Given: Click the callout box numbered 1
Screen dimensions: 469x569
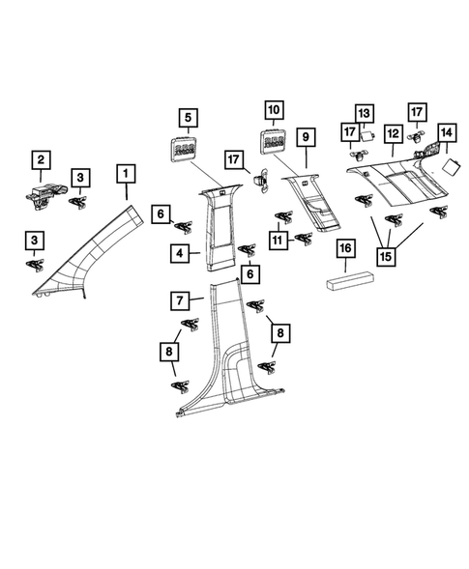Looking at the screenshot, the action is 126,174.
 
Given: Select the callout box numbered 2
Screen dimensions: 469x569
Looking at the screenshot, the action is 41,160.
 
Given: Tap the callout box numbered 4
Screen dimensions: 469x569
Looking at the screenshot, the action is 180,253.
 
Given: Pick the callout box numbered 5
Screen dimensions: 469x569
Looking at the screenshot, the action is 189,118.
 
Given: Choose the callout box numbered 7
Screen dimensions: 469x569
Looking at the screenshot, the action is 180,300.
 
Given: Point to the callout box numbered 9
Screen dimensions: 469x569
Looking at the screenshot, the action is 306,137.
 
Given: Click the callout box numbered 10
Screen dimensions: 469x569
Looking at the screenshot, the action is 275,110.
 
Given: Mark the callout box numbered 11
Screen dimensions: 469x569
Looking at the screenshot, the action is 278,241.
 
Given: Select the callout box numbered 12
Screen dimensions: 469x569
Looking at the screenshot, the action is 394,134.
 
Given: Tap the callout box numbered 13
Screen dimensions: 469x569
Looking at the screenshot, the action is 365,114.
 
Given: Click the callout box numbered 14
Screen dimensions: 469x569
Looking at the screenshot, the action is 447,132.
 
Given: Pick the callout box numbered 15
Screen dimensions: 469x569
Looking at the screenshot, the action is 386,257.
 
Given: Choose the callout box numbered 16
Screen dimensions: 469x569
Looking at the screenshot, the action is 345,248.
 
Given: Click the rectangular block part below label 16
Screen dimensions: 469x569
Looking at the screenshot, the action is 349,281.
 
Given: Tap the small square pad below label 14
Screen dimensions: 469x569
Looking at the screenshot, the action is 452,166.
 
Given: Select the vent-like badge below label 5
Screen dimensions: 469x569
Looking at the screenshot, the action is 182,148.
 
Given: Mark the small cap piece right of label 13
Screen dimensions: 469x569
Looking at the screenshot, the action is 366,136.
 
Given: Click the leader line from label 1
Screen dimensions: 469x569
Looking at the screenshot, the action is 127,191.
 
